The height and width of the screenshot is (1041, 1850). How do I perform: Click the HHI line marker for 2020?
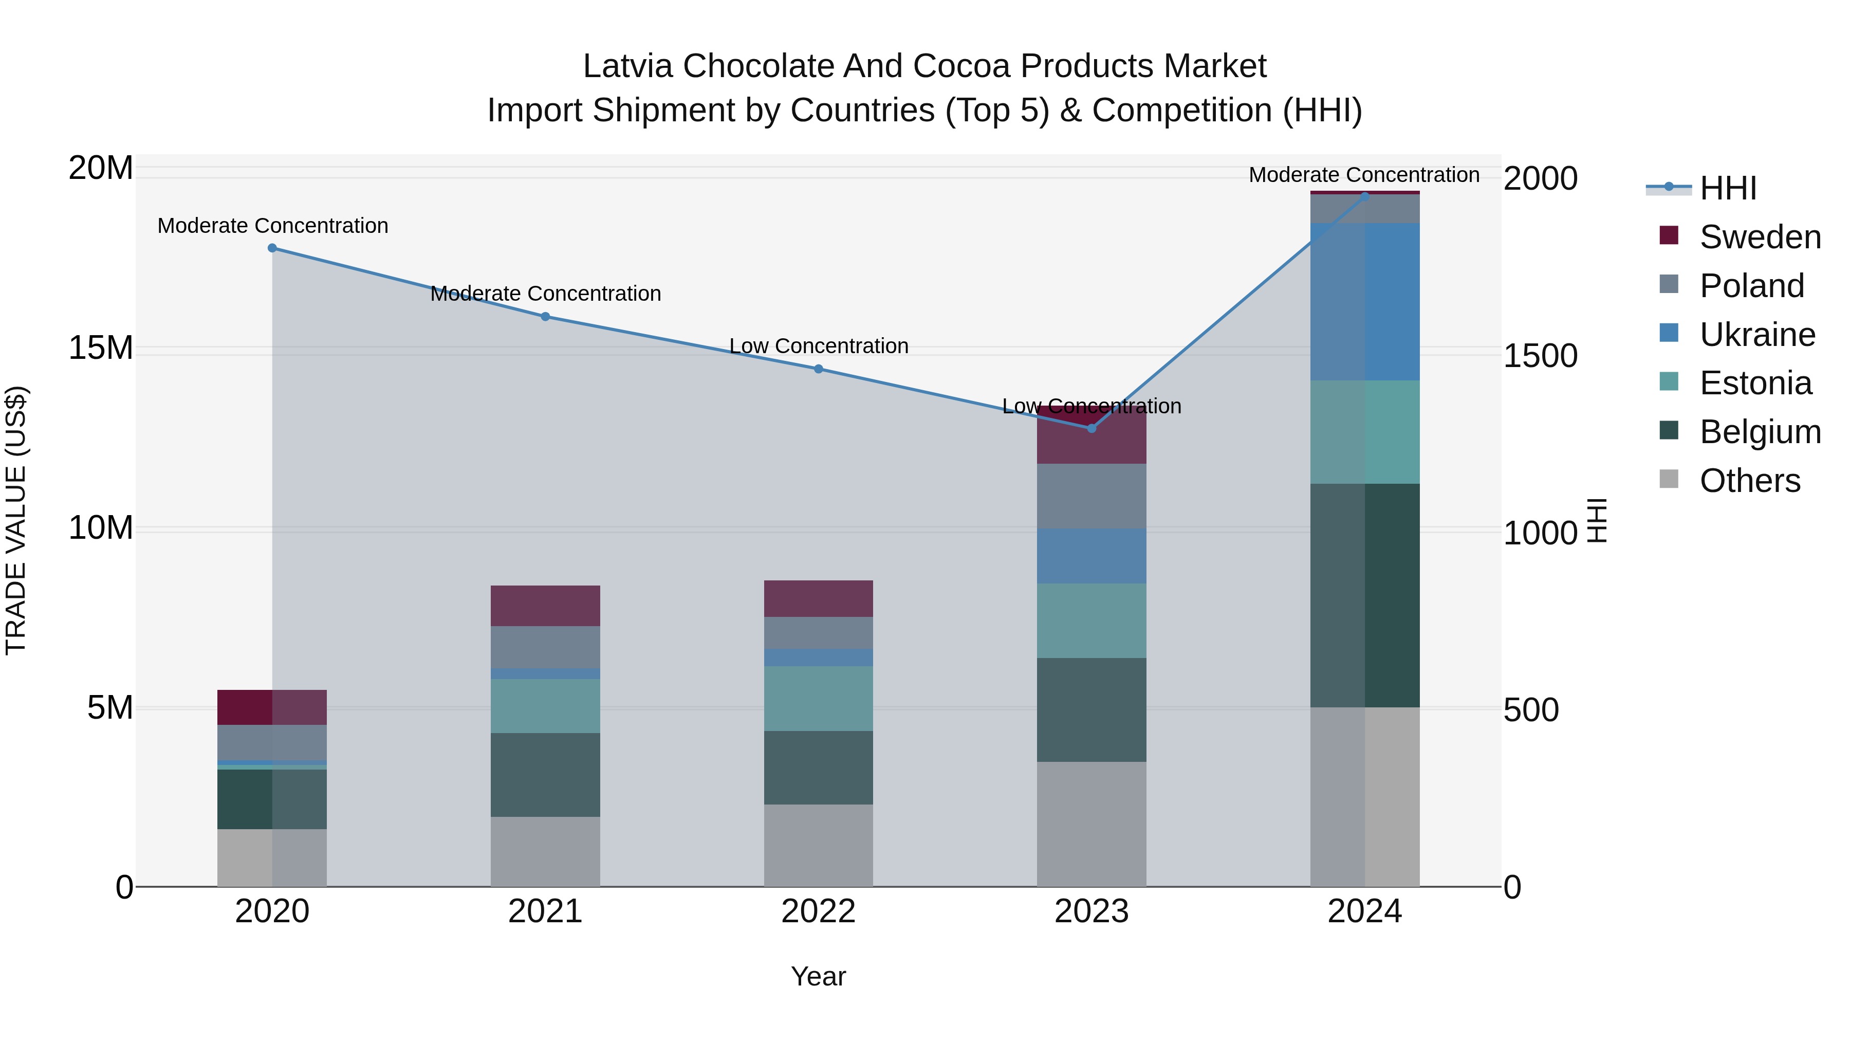click(x=272, y=248)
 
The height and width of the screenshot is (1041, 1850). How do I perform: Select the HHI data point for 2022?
click(x=818, y=369)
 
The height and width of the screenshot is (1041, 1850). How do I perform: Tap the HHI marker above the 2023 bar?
click(x=1091, y=428)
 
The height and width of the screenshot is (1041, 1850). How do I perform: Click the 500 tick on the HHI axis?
click(x=1530, y=710)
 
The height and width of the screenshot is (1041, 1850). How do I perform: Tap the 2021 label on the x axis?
click(x=545, y=911)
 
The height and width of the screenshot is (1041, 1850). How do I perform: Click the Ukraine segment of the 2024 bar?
click(x=1364, y=302)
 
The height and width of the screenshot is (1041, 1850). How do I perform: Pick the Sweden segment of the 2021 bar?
click(x=545, y=606)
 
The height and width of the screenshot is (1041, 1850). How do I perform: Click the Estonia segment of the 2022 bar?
click(x=818, y=698)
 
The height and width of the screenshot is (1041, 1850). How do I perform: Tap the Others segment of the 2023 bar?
click(x=1091, y=824)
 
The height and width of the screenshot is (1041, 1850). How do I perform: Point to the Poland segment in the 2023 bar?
click(x=1091, y=496)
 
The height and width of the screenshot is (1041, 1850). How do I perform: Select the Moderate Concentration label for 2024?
click(x=1364, y=175)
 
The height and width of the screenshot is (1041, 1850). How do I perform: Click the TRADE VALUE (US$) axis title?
click(x=16, y=520)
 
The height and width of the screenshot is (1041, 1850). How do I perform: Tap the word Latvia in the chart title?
click(x=627, y=66)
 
